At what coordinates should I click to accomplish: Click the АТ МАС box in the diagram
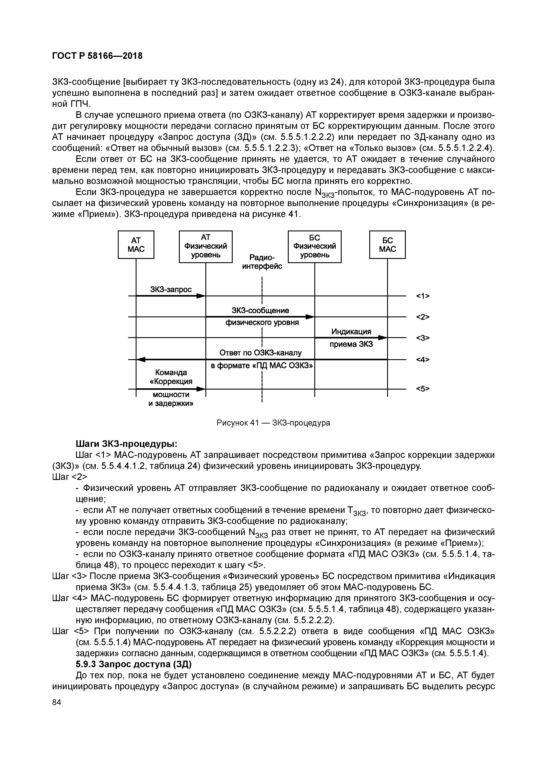(x=136, y=245)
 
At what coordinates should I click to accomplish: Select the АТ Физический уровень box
(x=206, y=246)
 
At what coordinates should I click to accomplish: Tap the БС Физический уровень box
(x=315, y=246)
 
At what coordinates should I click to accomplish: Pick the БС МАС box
(x=387, y=245)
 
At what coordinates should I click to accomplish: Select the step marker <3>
(x=423, y=338)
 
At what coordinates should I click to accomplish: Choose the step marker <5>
(x=423, y=389)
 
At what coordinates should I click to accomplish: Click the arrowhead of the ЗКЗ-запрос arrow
(x=201, y=296)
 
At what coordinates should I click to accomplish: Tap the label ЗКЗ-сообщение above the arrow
(x=260, y=310)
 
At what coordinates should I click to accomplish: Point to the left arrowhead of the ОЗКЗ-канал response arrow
(x=140, y=360)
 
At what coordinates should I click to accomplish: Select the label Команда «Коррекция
(x=171, y=377)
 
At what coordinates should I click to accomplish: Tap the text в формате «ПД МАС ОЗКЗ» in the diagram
(x=262, y=366)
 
